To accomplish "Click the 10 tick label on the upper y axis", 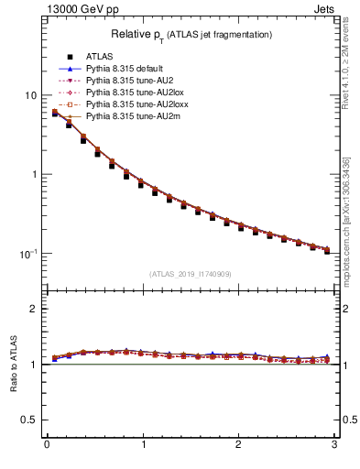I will pyautogui.click(x=29, y=95).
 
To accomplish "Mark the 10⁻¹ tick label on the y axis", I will pyautogui.click(x=27, y=253).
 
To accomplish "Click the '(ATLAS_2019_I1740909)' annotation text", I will pyautogui.click(x=191, y=274).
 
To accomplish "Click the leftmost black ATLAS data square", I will pyautogui.click(x=55, y=114).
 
